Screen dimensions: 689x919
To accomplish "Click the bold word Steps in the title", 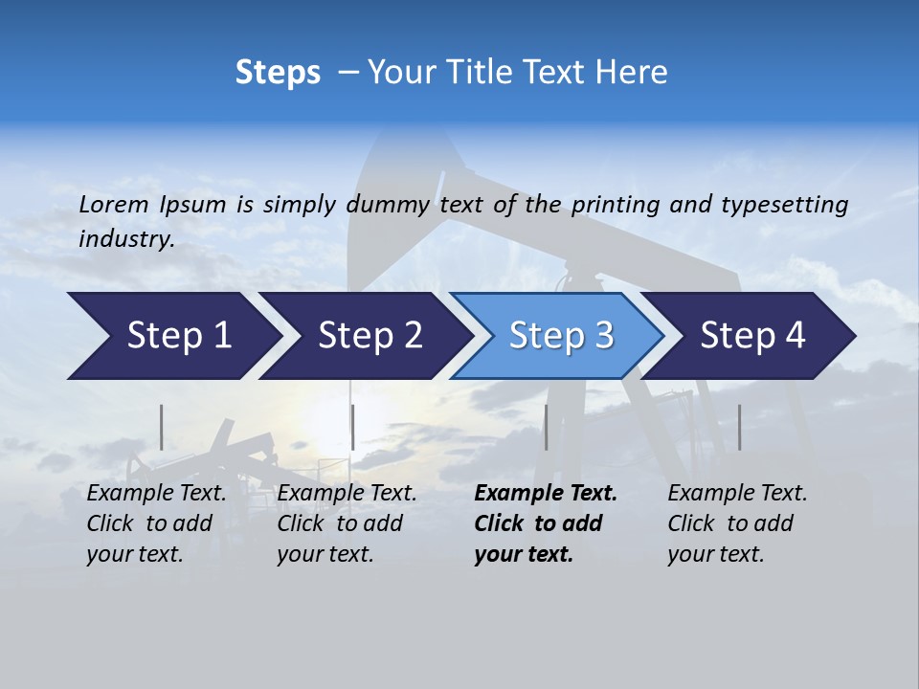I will pyautogui.click(x=278, y=73).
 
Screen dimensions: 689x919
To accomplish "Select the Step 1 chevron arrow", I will pyautogui.click(x=172, y=336).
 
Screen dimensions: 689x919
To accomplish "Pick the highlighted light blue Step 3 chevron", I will pyautogui.click(x=560, y=336).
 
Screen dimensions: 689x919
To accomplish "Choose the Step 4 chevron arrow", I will pyautogui.click(x=751, y=336).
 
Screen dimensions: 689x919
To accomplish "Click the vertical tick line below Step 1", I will pyautogui.click(x=162, y=427).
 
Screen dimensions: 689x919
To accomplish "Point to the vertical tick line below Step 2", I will pyautogui.click(x=353, y=427).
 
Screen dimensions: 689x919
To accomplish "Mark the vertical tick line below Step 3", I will pyautogui.click(x=546, y=427).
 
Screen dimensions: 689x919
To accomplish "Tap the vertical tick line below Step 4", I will pyautogui.click(x=739, y=427).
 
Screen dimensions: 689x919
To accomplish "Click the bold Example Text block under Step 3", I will pyautogui.click(x=545, y=523).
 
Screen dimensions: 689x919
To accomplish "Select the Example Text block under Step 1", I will pyautogui.click(x=156, y=523).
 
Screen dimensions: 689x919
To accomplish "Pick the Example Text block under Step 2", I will pyautogui.click(x=347, y=523).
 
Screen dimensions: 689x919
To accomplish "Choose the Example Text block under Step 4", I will pyautogui.click(x=737, y=523).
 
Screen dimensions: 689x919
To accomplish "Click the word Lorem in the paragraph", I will pyautogui.click(x=114, y=205).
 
